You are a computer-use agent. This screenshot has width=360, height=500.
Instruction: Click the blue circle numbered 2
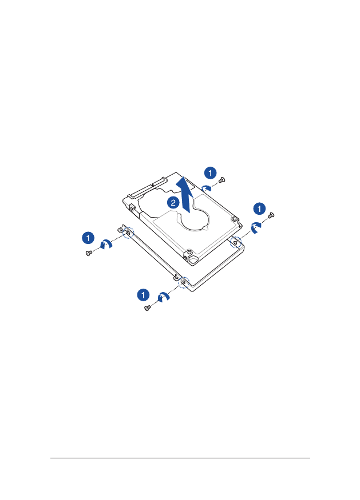[173, 203]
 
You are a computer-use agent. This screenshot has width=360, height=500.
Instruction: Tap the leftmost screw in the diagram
[89, 253]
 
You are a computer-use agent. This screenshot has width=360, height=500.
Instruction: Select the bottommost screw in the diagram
[147, 308]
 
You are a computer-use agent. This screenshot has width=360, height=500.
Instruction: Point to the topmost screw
[222, 180]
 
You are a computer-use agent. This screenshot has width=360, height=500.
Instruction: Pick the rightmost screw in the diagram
[271, 215]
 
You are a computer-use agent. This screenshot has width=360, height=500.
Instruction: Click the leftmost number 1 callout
[88, 238]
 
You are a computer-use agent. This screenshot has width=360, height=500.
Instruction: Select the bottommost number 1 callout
[143, 294]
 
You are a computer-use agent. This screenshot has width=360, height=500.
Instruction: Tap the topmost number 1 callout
[210, 173]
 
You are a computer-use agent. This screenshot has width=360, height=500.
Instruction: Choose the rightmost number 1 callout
[259, 209]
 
